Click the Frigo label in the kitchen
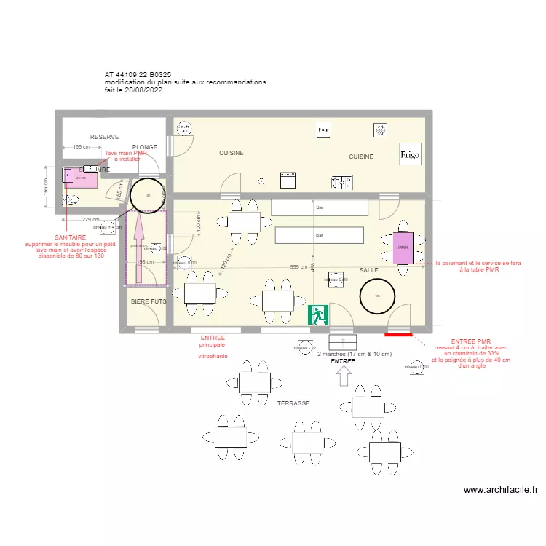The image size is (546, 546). pos(410,155)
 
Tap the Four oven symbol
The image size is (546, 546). pos(323,130)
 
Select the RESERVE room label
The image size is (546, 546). pos(104,137)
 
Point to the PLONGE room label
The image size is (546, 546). pos(144,147)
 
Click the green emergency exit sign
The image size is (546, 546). pos(318,314)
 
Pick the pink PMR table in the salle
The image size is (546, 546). pos(403,247)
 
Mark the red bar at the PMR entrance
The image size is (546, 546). pos(398,335)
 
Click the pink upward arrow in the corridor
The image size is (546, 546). pos(139,237)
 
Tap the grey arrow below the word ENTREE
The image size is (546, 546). pos(344,376)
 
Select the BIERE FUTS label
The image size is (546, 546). pos(149,301)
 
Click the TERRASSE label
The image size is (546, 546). pos(294,403)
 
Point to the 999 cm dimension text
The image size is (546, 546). pos(299,267)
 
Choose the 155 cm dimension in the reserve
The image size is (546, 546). pos(82,147)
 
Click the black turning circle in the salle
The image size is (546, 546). pos(378,296)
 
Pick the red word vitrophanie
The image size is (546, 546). pos(213,357)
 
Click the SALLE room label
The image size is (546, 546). pos(368,270)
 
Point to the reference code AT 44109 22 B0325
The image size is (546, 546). pos(138,75)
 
